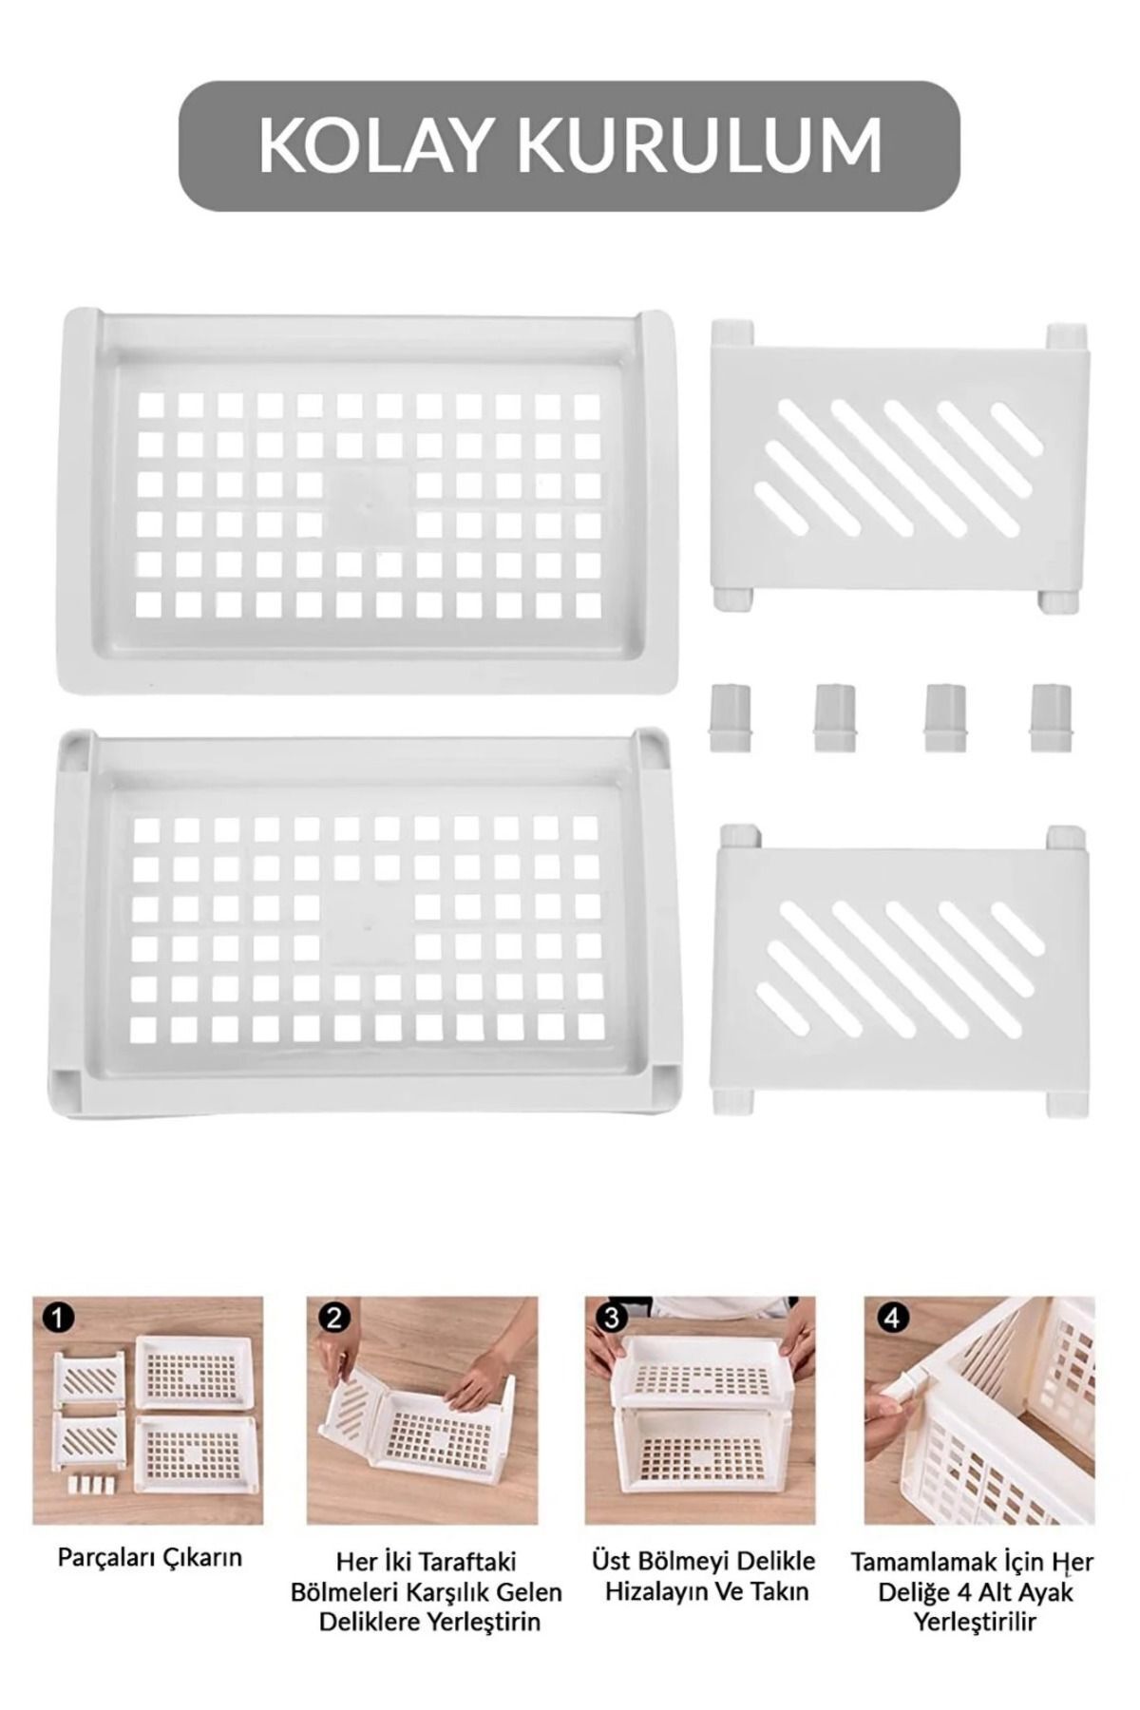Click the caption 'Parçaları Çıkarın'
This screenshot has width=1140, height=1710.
click(150, 1557)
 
